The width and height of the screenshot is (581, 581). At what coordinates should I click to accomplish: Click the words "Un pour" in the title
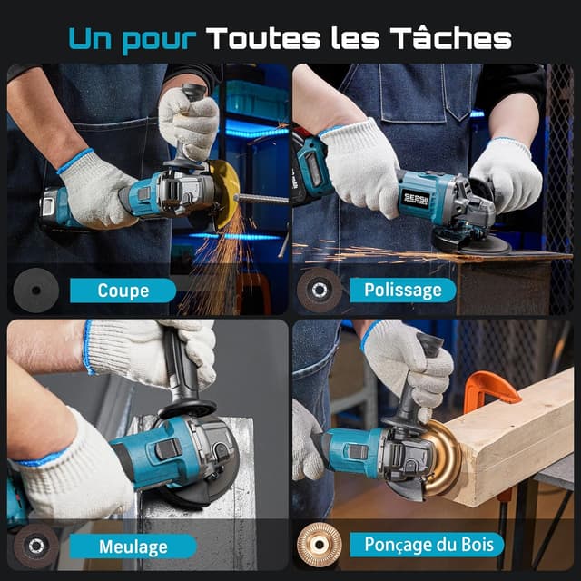pyautogui.click(x=133, y=38)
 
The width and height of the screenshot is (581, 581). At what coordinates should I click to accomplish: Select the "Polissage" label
pyautogui.click(x=402, y=290)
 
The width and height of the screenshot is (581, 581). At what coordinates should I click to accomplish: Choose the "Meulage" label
pyautogui.click(x=133, y=547)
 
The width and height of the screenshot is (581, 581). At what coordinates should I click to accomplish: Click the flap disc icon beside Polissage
pyautogui.click(x=320, y=290)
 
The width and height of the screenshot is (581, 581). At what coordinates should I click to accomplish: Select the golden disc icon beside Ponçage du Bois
pyautogui.click(x=319, y=545)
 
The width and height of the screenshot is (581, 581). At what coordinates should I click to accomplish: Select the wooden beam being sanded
pyautogui.click(x=517, y=436)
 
